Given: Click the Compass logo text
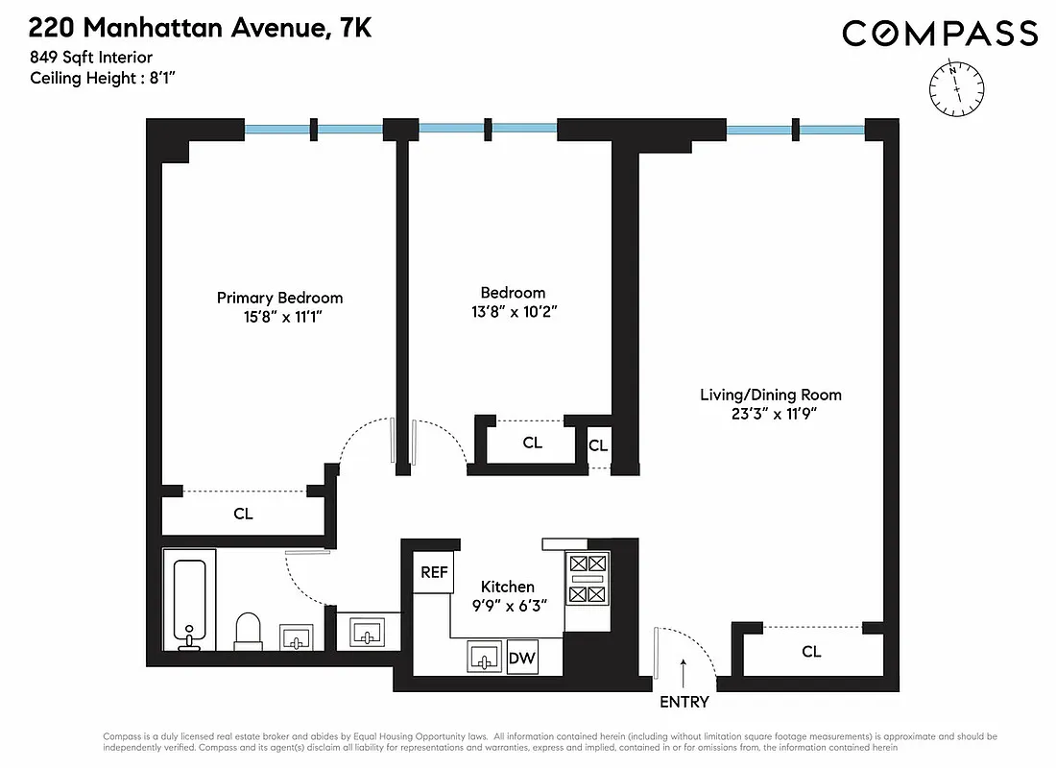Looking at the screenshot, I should (940, 34).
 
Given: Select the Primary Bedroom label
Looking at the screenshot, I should (279, 298).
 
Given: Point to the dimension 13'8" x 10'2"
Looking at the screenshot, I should (513, 311).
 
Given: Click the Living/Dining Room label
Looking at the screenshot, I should (770, 395).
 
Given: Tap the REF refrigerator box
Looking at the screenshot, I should (434, 572).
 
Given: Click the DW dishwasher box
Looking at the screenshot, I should (521, 659).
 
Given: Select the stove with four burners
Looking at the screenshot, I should (587, 579).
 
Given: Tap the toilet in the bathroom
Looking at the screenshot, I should (249, 631).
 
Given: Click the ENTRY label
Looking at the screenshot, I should (684, 702).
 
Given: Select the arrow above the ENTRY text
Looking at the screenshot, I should (684, 670).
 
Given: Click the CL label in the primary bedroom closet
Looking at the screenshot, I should (244, 514).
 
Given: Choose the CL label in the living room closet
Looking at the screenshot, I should (811, 652).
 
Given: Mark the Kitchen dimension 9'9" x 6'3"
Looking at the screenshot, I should (508, 606).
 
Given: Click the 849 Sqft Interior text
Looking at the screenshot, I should (91, 59).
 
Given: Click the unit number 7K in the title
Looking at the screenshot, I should (350, 29).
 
